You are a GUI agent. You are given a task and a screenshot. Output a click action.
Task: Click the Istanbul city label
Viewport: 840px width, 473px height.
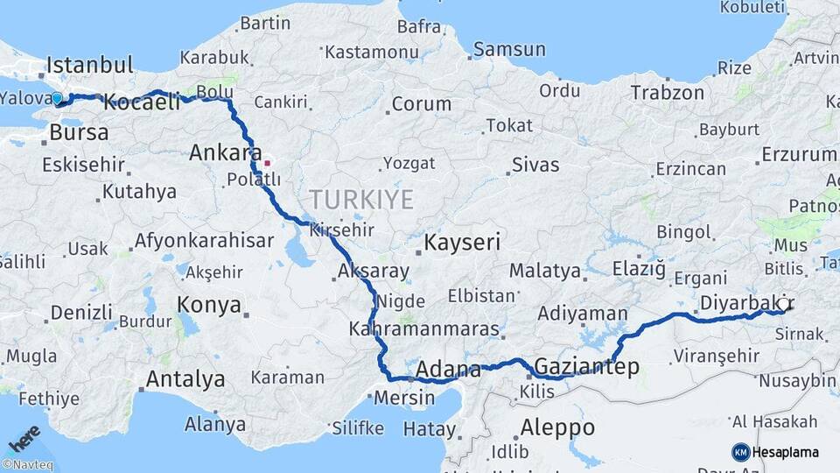coord(90,65)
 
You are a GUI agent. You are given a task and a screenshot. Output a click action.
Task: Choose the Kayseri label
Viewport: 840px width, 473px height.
coord(462,242)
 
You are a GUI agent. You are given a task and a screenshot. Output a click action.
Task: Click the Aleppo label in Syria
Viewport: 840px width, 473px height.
coord(557,428)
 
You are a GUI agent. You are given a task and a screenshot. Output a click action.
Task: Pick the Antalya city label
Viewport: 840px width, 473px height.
coord(185,379)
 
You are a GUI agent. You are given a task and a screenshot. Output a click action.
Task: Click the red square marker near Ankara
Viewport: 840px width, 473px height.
coord(267,162)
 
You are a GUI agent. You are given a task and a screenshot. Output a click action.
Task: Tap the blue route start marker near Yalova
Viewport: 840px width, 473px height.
coord(57,99)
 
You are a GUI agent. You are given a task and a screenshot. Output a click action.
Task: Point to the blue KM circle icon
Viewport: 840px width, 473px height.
coord(740,452)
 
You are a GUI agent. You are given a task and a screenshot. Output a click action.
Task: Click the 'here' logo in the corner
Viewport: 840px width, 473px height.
coord(24,438)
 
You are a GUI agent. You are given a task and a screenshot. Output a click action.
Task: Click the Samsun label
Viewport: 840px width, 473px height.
coord(509,49)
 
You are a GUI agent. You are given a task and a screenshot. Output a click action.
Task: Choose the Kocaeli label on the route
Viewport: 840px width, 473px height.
coord(142,102)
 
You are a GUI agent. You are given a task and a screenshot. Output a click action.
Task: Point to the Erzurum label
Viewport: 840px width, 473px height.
coord(800,154)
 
